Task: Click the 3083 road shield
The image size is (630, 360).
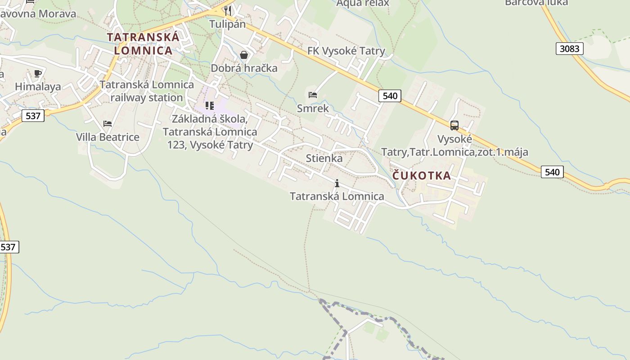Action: pyautogui.click(x=569, y=49)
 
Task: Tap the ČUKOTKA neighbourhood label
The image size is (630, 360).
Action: pyautogui.click(x=422, y=175)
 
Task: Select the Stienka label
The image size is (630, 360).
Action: pyautogui.click(x=324, y=158)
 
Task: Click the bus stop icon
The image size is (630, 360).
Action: pyautogui.click(x=454, y=126)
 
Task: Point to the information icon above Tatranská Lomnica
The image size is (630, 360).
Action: pyautogui.click(x=337, y=183)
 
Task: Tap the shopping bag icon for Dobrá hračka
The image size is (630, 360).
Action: pyautogui.click(x=244, y=55)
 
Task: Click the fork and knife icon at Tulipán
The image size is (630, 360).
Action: pyautogui.click(x=228, y=11)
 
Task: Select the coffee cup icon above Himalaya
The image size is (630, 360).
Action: pyautogui.click(x=38, y=73)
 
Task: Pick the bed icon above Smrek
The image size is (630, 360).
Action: pyautogui.click(x=313, y=95)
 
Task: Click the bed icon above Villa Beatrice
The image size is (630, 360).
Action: pyautogui.click(x=107, y=123)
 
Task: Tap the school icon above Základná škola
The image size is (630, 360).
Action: pyautogui.click(x=209, y=106)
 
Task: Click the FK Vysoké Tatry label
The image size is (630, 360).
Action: pyautogui.click(x=346, y=51)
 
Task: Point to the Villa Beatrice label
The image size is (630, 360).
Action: pyautogui.click(x=108, y=137)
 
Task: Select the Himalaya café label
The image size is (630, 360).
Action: pyautogui.click(x=38, y=87)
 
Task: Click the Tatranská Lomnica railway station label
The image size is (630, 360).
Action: pyautogui.click(x=147, y=91)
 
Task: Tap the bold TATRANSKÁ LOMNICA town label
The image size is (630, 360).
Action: pyautogui.click(x=143, y=44)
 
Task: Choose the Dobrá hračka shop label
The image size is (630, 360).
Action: pyautogui.click(x=244, y=68)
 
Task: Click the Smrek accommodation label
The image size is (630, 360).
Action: pyautogui.click(x=313, y=108)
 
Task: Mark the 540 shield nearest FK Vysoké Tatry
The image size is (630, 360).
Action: pyautogui.click(x=390, y=95)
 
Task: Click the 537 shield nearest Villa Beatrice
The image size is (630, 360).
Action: pyautogui.click(x=33, y=116)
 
